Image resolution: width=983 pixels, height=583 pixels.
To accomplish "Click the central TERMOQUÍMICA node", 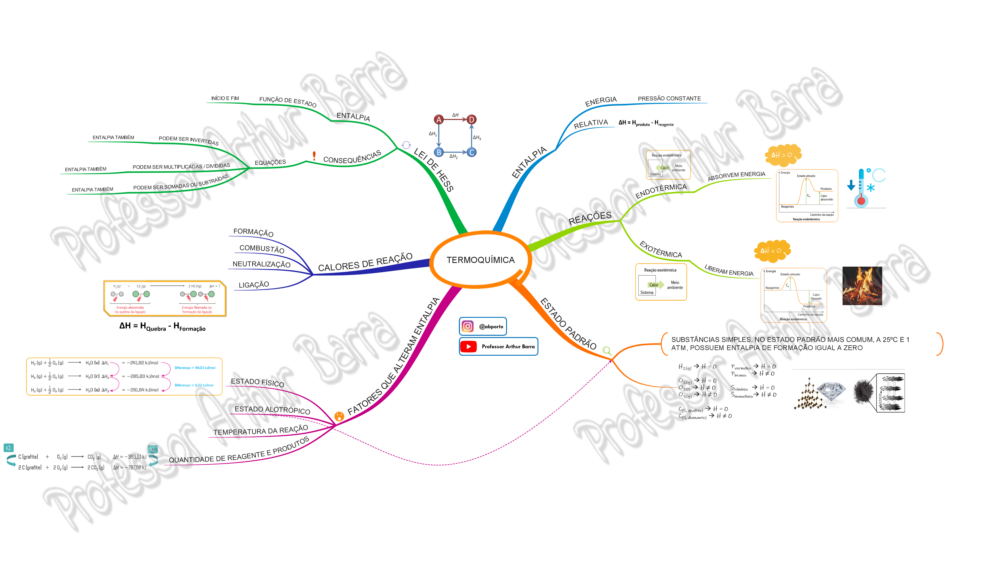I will [480, 260].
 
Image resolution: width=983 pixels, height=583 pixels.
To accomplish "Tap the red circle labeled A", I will [439, 119].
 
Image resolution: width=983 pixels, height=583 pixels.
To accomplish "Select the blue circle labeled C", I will [472, 153].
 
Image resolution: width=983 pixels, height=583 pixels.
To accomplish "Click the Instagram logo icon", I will [467, 326].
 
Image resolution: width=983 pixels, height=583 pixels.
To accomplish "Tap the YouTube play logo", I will [468, 346].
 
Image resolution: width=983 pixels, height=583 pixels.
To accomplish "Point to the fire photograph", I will [862, 286].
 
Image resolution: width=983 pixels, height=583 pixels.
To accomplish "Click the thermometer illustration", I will [862, 188].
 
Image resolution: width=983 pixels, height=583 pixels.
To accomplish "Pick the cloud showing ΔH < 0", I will [772, 251].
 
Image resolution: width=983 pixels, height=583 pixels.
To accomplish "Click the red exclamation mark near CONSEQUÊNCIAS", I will [314, 156].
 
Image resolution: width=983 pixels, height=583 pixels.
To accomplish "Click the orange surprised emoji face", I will [339, 416].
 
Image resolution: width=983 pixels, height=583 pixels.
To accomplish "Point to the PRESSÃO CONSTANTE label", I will [669, 99].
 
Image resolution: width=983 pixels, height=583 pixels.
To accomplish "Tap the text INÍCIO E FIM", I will [225, 98].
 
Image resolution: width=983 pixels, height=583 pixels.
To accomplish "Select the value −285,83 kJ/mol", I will [143, 376].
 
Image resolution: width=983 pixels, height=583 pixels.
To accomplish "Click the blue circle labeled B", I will [439, 153].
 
